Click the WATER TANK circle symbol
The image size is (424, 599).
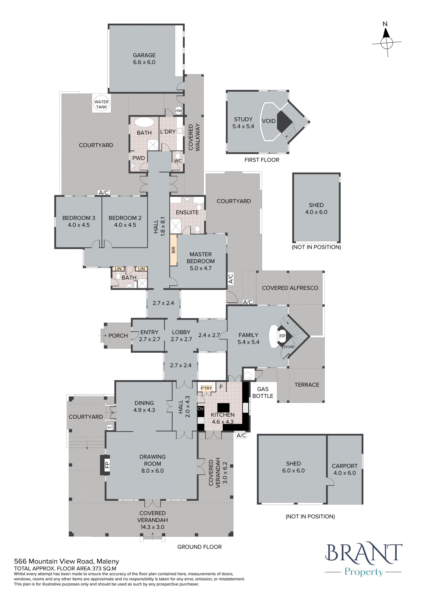point(101,104)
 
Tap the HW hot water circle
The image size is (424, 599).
point(179,111)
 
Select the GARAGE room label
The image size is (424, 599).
point(144,55)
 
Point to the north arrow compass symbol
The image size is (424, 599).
point(386,42)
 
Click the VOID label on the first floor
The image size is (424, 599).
point(269,121)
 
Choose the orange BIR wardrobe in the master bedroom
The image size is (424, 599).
point(173,250)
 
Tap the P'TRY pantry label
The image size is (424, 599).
point(206,388)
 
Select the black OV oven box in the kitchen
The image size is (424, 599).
point(201,409)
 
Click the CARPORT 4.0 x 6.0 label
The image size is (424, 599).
point(345,469)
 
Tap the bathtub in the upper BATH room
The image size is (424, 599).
point(144,122)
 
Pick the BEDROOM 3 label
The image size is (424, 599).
point(79,218)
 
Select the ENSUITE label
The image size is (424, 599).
point(187,212)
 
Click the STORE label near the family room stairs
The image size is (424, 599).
point(289,347)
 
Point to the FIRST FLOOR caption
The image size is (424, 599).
point(262,160)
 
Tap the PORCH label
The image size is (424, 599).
point(118,336)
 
